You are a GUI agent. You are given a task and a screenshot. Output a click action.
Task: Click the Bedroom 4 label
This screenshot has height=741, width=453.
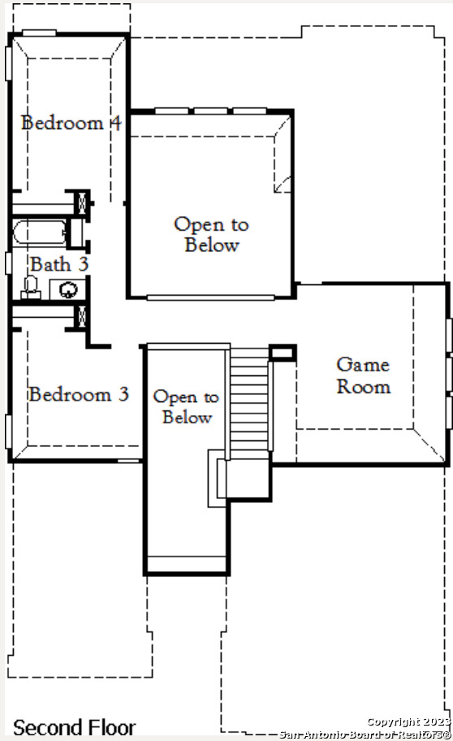(x=71, y=123)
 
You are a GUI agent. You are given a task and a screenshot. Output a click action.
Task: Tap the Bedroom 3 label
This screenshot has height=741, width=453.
(x=79, y=394)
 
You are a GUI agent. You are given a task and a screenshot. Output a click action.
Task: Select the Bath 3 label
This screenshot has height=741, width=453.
(x=59, y=264)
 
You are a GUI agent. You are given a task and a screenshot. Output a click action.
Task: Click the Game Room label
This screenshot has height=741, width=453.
(x=363, y=375)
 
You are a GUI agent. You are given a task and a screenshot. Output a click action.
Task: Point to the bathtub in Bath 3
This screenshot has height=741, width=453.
(x=40, y=232)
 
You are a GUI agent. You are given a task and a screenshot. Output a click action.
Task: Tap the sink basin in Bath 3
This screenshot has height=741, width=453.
(x=68, y=289)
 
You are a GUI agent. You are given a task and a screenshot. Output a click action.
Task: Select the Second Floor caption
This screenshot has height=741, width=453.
(x=74, y=728)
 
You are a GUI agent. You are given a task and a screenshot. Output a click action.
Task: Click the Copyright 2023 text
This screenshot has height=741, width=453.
(x=409, y=721)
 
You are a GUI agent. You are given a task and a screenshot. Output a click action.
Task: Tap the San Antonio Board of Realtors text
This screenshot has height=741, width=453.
(x=365, y=734)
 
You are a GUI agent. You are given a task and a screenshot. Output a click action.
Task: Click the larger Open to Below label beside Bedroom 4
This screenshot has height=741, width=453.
(x=211, y=235)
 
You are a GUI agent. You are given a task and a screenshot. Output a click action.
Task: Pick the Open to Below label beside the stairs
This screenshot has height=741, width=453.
(x=186, y=407)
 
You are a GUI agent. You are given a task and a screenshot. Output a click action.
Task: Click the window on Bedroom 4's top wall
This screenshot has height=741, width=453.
(x=39, y=33)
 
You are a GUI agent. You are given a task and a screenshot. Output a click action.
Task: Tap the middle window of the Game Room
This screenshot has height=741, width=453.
(x=449, y=374)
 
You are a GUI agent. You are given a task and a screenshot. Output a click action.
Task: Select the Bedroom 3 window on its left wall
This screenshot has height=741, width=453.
(x=8, y=431)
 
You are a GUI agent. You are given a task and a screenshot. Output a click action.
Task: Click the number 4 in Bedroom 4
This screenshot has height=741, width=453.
(x=116, y=123)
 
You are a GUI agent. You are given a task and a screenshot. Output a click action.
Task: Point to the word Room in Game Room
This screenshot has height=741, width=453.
(x=364, y=387)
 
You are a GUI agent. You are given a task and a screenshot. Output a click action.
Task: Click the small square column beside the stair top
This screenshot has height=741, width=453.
(x=283, y=353)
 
